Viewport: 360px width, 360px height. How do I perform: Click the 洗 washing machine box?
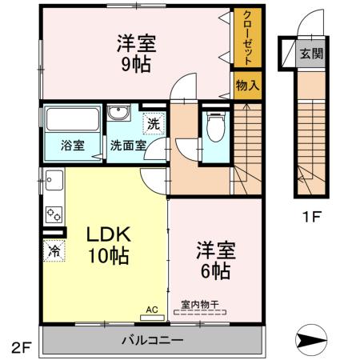point(152,124)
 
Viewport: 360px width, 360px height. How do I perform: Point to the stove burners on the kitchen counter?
point(54,214)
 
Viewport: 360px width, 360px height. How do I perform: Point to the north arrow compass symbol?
point(311,341)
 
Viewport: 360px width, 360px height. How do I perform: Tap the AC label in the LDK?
point(151,307)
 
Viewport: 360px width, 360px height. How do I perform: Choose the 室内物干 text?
point(200,304)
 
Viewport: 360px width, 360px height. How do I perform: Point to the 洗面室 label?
point(128,146)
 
